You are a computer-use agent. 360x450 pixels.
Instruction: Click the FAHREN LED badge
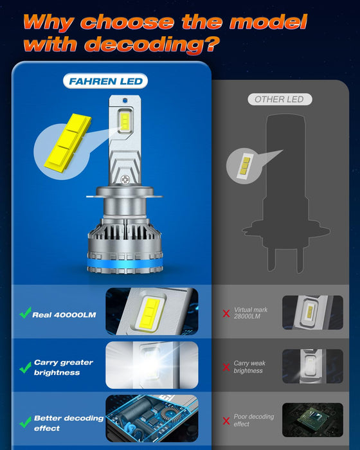[x=105, y=82]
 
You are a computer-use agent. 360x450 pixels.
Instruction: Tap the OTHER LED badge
[x=279, y=99]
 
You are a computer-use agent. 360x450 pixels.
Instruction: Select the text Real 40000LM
[x=64, y=314]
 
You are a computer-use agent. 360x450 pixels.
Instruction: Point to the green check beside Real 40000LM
[x=25, y=314]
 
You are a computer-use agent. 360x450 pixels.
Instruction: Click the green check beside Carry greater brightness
[x=25, y=368]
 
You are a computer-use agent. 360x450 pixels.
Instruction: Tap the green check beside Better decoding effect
[x=25, y=422]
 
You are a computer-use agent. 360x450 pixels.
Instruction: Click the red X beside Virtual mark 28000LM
[x=226, y=314]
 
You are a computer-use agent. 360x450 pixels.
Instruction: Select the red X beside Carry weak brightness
[x=226, y=367]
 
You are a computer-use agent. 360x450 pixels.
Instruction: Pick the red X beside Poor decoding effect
[x=226, y=421]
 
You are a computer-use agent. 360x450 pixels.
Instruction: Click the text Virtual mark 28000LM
[x=251, y=313]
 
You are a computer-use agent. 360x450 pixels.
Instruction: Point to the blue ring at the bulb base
[x=126, y=266]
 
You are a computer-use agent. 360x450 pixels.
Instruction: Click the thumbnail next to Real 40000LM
[x=152, y=311]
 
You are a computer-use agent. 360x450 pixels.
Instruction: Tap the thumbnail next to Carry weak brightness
[x=307, y=366]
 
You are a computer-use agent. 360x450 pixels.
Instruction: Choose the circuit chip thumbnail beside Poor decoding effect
[x=307, y=420]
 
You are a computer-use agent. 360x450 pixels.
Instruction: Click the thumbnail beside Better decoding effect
[x=152, y=420]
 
